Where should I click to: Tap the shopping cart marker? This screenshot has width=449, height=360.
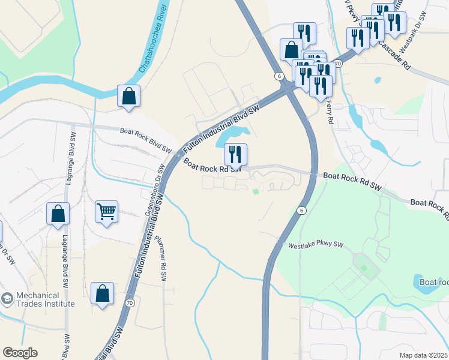coord(106,211)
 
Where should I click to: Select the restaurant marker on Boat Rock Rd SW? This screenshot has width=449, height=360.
coord(235,155)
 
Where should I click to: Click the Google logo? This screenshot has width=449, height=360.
coord(20,353)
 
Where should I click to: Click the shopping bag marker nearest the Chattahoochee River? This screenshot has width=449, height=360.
coord(128,96)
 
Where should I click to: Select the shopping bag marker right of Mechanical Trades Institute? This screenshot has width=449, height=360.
coord(103,294)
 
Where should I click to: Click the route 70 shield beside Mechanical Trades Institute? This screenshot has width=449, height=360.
coord(130,303)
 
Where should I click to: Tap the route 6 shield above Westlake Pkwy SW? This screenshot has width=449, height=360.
coord(301,211)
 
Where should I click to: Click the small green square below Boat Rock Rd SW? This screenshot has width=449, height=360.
coord(256,192)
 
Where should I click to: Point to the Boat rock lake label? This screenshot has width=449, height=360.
coord(434,282)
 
